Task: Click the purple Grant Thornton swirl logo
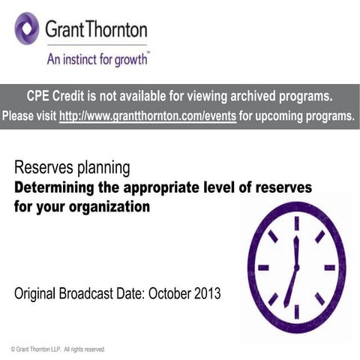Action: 27,28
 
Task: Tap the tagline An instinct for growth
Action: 97,58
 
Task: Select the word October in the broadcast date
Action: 168,293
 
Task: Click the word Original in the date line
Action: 37,293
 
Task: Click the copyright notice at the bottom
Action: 58,349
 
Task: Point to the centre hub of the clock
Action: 296,267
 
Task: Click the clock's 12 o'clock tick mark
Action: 296,222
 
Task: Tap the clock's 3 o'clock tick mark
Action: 329,267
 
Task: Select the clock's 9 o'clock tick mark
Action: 263,267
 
